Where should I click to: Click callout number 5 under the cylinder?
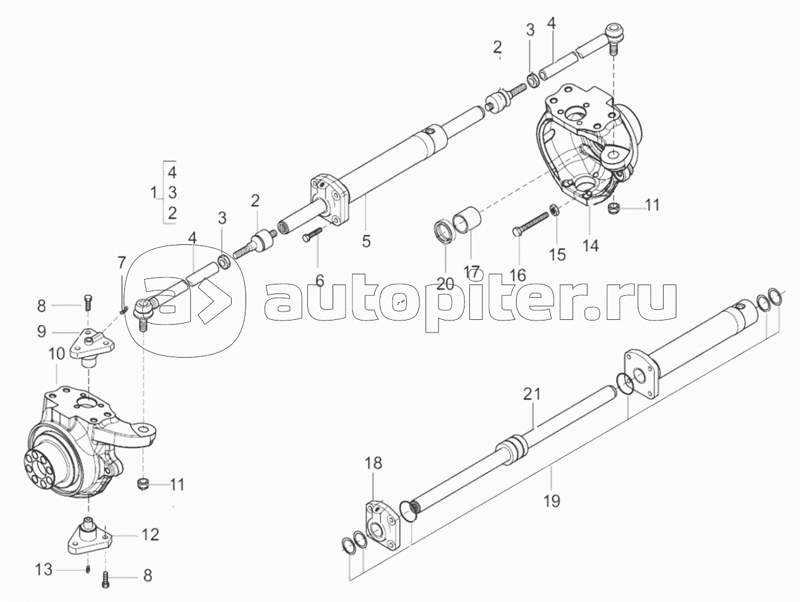[x=366, y=241]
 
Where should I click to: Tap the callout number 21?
[x=532, y=395]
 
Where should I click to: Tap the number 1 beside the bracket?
[x=153, y=193]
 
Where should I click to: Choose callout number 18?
[x=373, y=463]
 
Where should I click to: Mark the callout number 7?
[x=122, y=262]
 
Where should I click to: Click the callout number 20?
[x=445, y=284]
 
